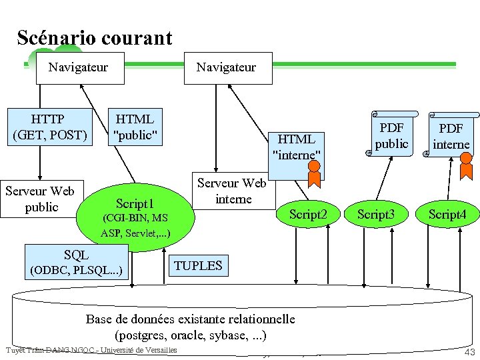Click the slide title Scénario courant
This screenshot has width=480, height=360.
[95, 38]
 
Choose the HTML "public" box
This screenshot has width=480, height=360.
[135, 127]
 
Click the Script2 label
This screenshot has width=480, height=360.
[308, 214]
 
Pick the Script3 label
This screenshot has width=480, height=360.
[377, 214]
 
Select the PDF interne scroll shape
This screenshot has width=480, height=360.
[451, 136]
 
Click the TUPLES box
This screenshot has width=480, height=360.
[198, 265]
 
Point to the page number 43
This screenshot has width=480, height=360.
[469, 352]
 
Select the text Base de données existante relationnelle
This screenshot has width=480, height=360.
[190, 319]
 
